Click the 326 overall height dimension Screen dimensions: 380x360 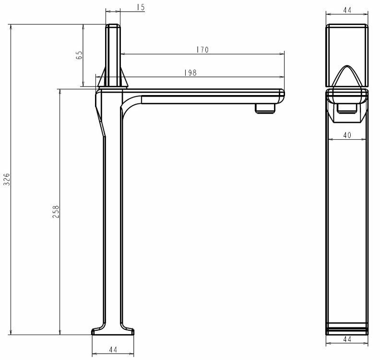[x=7, y=180]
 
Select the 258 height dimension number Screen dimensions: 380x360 [x=56, y=212]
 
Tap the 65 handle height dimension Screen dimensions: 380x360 [x=79, y=55]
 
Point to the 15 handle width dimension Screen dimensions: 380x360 [x=141, y=7]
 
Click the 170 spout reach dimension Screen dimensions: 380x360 [x=202, y=50]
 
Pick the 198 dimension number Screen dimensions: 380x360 [x=190, y=73]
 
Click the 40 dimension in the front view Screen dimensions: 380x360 [x=347, y=135]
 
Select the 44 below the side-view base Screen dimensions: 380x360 [x=113, y=349]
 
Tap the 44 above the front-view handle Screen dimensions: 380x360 [x=347, y=10]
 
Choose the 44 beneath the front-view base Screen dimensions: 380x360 [x=347, y=339]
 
